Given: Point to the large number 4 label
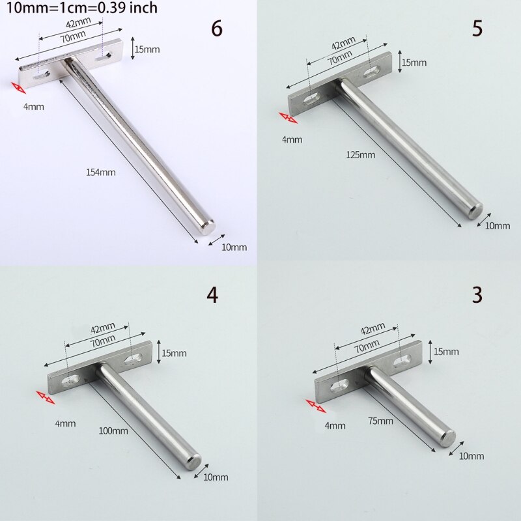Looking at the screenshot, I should pyautogui.click(x=212, y=295).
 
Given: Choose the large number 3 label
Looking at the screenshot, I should pyautogui.click(x=477, y=294).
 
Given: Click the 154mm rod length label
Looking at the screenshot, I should pyautogui.click(x=102, y=173).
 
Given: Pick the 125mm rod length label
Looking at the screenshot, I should pyautogui.click(x=362, y=154).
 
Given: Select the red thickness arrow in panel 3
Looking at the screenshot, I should pyautogui.click(x=315, y=406).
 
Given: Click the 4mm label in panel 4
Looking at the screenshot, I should pyautogui.click(x=65, y=423).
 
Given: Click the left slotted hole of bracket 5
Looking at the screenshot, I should pyautogui.click(x=312, y=100).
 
